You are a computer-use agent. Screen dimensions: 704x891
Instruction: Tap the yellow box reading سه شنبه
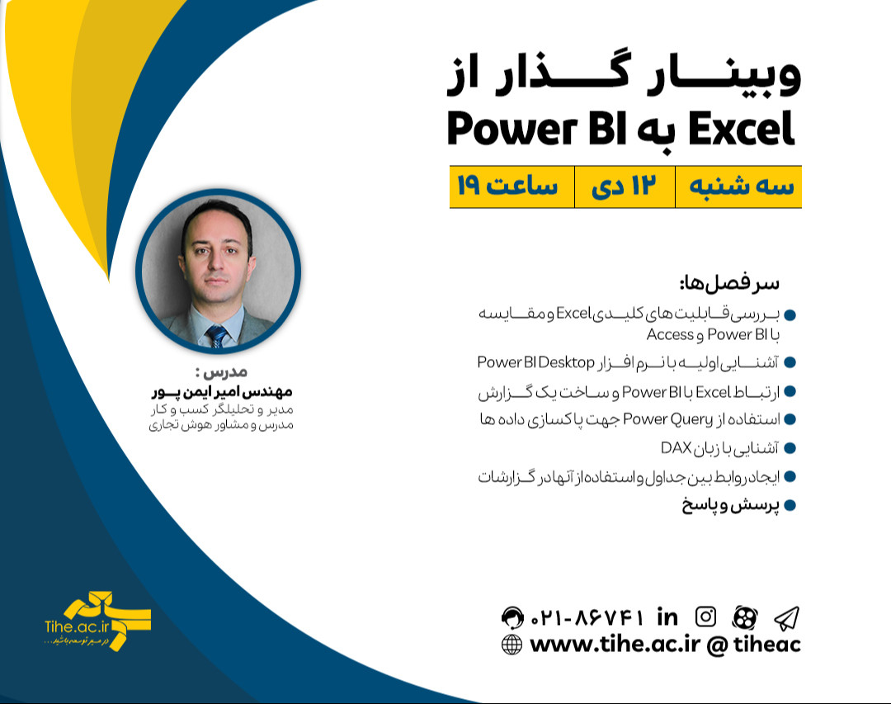[738, 187]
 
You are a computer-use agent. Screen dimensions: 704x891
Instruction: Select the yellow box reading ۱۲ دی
[624, 187]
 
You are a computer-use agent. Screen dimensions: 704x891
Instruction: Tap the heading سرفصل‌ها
[728, 283]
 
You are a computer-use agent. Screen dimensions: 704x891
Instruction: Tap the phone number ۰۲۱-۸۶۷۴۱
[587, 617]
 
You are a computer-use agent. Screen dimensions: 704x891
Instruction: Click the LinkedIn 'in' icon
[667, 617]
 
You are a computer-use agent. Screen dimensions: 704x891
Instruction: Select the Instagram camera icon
[705, 617]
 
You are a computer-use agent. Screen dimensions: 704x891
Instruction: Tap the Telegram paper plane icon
[785, 617]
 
